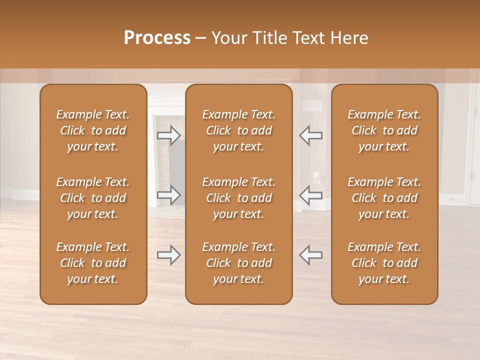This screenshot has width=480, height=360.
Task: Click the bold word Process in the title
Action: pyautogui.click(x=157, y=38)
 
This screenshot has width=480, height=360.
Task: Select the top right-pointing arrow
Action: pyautogui.click(x=169, y=135)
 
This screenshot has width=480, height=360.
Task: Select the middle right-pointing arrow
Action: pyautogui.click(x=169, y=195)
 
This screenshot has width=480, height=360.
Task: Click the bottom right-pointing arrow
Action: pyautogui.click(x=169, y=255)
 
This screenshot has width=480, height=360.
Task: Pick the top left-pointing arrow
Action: pyautogui.click(x=310, y=135)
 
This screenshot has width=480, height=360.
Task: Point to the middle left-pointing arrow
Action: pyautogui.click(x=310, y=195)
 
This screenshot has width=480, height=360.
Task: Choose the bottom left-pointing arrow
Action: pyautogui.click(x=310, y=255)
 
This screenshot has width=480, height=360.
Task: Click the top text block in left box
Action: pyautogui.click(x=93, y=130)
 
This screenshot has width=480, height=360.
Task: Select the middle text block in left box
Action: pyautogui.click(x=93, y=198)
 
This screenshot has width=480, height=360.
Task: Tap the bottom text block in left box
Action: pyautogui.click(x=93, y=263)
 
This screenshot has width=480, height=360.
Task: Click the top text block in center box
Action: pyautogui.click(x=239, y=130)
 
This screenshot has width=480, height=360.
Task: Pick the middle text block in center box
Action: pyautogui.click(x=239, y=198)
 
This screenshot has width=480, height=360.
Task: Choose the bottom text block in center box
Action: pyautogui.click(x=239, y=263)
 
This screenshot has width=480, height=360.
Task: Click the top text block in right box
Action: pyautogui.click(x=384, y=130)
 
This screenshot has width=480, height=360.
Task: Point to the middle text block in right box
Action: pyautogui.click(x=384, y=198)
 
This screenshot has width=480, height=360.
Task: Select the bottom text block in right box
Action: pyautogui.click(x=384, y=263)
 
